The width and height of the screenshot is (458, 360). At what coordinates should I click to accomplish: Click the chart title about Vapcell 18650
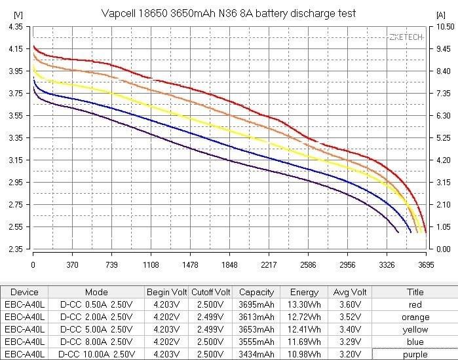pos(229,13)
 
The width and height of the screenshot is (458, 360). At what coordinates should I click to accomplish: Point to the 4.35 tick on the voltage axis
pos(14,27)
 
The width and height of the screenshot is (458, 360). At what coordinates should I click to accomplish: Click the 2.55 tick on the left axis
pos(14,227)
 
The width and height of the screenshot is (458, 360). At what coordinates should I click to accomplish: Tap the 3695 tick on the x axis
pos(426,265)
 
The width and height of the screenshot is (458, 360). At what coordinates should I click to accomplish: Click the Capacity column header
pos(257,292)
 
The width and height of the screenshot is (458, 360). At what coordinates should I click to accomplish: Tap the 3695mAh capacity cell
pos(257,304)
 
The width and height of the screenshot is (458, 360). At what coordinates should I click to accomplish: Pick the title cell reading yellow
pos(415,329)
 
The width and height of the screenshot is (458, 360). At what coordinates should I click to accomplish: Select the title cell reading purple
pos(415,354)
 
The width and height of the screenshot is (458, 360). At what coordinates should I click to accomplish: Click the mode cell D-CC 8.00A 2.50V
pos(96,342)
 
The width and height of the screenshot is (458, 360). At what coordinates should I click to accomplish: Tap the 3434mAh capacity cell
pos(257,354)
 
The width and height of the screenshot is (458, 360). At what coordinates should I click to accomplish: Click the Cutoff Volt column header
pos(211,292)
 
